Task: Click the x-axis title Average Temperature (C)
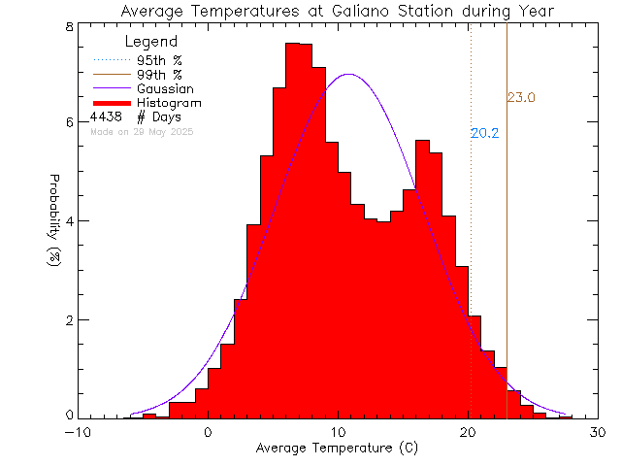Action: [337, 449]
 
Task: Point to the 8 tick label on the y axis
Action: [69, 26]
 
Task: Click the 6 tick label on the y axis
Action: [69, 122]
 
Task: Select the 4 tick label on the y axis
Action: [69, 220]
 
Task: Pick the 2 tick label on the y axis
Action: [69, 319]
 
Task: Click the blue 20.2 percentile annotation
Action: [484, 133]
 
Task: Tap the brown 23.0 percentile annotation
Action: [521, 97]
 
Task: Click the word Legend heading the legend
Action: [151, 42]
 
